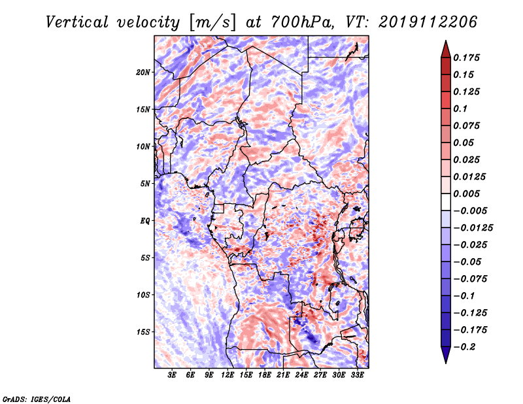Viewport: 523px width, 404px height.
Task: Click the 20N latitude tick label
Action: click(x=143, y=73)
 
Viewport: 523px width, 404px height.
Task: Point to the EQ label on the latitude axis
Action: click(x=145, y=221)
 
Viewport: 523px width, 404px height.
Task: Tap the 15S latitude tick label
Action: click(x=143, y=332)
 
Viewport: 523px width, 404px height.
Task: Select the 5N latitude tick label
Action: click(x=145, y=184)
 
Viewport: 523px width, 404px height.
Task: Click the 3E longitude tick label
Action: click(x=172, y=375)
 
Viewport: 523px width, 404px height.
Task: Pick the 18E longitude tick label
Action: click(x=265, y=375)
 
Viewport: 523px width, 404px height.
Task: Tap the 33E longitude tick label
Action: click(x=357, y=375)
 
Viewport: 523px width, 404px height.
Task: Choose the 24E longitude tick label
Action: click(x=301, y=375)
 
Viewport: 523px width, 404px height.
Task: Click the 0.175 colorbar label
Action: click(x=466, y=58)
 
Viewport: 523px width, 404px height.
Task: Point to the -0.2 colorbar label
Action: click(x=464, y=347)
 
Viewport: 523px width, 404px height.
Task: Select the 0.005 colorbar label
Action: click(x=466, y=194)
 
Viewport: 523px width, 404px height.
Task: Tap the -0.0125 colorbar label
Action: click(x=473, y=228)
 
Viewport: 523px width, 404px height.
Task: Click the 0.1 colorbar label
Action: click(x=460, y=109)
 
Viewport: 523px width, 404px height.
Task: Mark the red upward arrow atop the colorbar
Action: click(x=446, y=49)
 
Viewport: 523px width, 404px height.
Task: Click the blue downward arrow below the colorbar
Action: click(x=446, y=355)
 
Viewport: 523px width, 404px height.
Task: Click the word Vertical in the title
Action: click(x=77, y=22)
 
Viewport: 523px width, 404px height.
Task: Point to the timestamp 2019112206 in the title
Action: click(x=428, y=22)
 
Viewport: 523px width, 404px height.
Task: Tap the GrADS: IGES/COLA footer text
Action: click(x=37, y=399)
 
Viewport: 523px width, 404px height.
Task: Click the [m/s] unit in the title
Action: click(x=212, y=23)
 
